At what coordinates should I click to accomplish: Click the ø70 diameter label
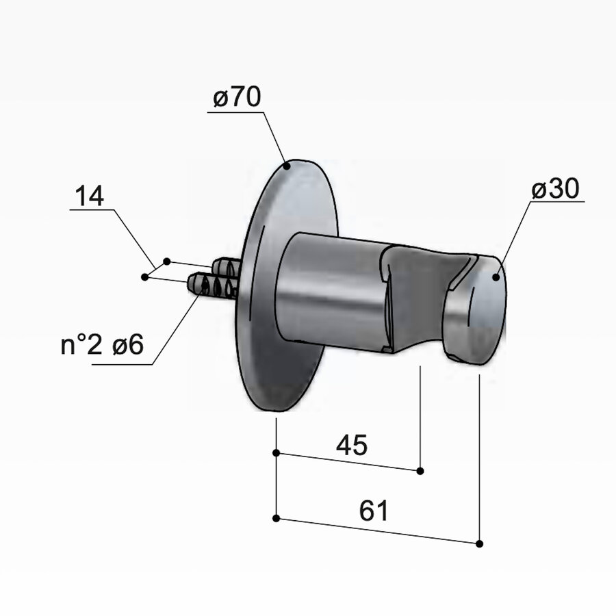click(237, 99)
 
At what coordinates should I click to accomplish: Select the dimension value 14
click(90, 197)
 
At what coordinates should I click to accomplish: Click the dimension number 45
click(352, 446)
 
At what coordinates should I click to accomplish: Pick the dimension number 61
click(373, 511)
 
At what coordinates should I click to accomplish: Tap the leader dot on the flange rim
click(288, 165)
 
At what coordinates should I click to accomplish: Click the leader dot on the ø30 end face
click(495, 277)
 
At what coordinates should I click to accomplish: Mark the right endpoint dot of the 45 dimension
click(420, 470)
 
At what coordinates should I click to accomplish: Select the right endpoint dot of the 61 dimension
click(479, 543)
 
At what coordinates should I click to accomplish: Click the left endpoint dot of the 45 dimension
click(276, 452)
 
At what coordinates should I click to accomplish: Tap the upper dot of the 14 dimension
click(166, 261)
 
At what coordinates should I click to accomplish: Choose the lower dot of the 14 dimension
click(144, 277)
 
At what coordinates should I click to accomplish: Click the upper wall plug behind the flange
click(226, 267)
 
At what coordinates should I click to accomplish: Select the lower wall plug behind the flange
click(212, 285)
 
